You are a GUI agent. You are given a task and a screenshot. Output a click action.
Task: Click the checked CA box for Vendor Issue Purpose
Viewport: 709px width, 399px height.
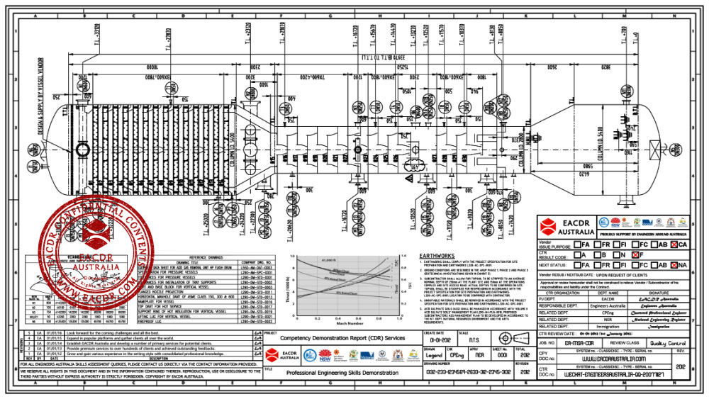pyautogui.click(x=674, y=244)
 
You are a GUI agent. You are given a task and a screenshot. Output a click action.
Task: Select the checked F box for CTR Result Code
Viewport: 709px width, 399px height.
pyautogui.click(x=635, y=254)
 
